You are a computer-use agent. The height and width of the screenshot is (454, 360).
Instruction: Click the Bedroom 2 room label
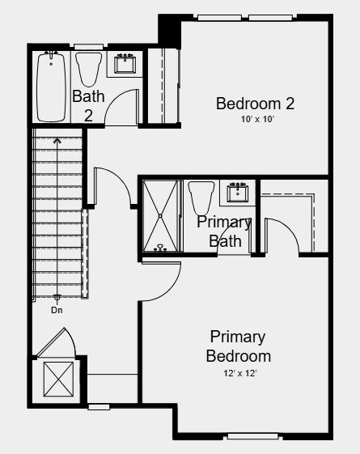point(254,104)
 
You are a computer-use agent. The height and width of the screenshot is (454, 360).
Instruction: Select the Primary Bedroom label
point(238,346)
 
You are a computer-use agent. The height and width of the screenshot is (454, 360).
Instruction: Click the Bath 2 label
point(88,105)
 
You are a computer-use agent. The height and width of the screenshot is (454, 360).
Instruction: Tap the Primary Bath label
point(225,231)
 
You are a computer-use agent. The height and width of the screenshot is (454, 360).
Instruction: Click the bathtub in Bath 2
point(50,86)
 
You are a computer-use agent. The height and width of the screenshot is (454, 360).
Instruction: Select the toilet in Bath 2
point(88,68)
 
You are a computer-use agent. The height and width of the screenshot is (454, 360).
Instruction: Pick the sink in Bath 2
point(125,63)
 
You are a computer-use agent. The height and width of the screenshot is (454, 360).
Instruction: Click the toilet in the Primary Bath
point(199,197)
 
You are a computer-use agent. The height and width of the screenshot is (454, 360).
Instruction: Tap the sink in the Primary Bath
point(238,192)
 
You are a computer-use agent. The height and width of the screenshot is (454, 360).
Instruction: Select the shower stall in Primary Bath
point(160,216)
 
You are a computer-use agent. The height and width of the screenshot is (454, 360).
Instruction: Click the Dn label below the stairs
point(57,310)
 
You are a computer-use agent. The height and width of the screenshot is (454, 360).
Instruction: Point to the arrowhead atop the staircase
point(57,140)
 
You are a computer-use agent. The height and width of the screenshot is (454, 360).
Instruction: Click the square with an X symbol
point(57,378)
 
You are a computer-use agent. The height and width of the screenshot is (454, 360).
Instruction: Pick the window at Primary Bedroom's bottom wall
point(252,437)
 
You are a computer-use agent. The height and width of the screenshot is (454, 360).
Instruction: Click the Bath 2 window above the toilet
point(88,46)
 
